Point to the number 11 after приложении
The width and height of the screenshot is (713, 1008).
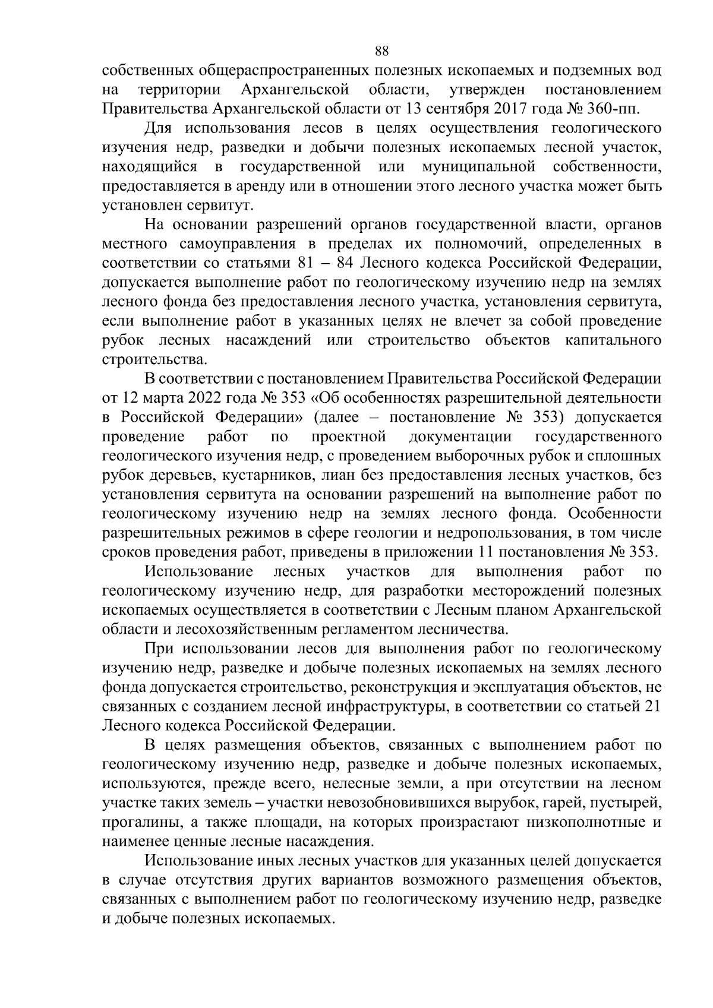[485, 552]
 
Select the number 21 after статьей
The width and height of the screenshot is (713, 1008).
[652, 706]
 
